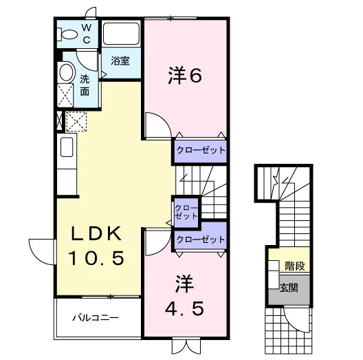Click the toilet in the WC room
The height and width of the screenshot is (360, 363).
[x=67, y=34]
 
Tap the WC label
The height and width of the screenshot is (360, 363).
[x=87, y=34]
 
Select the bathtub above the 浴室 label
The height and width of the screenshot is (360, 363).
[x=121, y=33]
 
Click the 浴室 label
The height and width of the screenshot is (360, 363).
[x=120, y=61]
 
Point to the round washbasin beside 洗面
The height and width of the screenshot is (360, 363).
[x=67, y=72]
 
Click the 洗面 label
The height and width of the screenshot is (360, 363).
[x=85, y=85]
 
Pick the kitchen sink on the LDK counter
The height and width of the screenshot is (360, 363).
[x=67, y=147]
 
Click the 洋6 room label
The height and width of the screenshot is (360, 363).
[x=185, y=75]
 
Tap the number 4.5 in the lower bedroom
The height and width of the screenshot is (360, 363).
[x=185, y=308]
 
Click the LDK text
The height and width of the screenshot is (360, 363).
[x=96, y=233]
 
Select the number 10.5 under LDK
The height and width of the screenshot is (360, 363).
[x=96, y=257]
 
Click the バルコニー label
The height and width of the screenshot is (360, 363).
[x=96, y=317]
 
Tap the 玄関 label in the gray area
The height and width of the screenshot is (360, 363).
[x=289, y=288]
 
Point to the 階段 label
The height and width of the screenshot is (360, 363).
[x=295, y=266]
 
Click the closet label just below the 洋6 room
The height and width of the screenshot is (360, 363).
[x=201, y=150]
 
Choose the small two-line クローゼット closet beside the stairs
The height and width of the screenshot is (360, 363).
[x=186, y=211]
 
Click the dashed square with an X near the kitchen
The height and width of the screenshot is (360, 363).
[x=76, y=121]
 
